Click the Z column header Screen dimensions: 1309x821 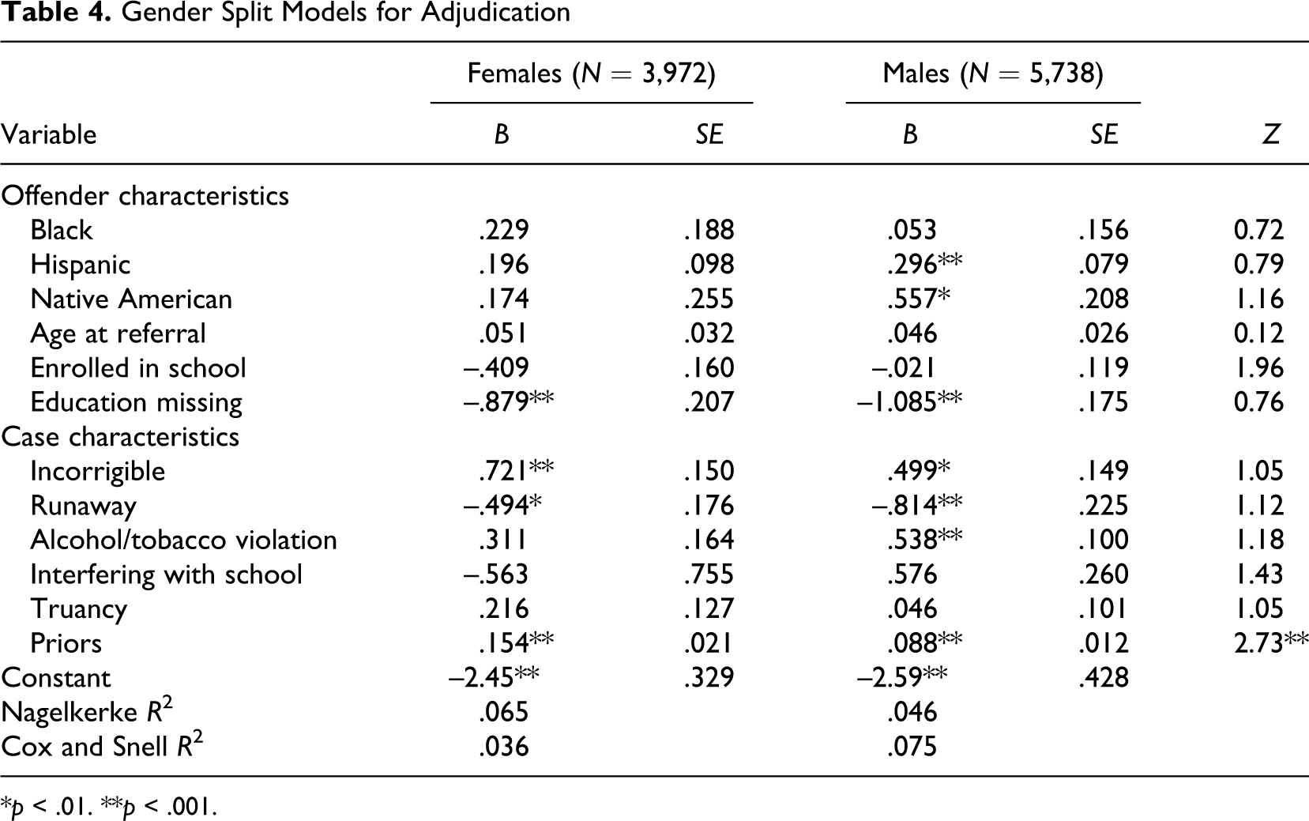(x=1271, y=134)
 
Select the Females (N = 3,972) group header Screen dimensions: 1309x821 (x=592, y=73)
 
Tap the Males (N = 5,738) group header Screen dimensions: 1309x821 (x=993, y=73)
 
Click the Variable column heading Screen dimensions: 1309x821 (x=49, y=134)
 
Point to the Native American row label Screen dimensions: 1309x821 (x=131, y=299)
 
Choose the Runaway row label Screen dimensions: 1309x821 (x=84, y=506)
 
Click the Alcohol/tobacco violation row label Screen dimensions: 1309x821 (x=183, y=540)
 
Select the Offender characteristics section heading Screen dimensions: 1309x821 (x=145, y=196)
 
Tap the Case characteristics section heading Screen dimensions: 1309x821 (x=120, y=436)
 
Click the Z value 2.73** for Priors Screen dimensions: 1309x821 (x=1271, y=642)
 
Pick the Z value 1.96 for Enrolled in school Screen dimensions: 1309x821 (x=1258, y=367)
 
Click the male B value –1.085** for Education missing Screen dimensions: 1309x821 (x=909, y=402)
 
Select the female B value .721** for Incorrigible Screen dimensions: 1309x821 (x=516, y=471)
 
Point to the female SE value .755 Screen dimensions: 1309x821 (x=709, y=574)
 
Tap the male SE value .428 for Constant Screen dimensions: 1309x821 (x=1104, y=678)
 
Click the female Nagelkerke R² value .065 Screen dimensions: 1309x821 (x=504, y=712)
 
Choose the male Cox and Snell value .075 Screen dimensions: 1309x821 (x=912, y=747)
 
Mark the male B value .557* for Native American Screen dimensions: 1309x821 (x=919, y=299)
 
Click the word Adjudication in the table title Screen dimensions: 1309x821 (x=495, y=13)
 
